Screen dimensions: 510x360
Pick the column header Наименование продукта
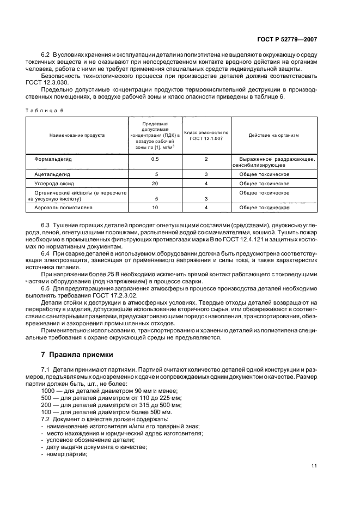tap(77, 135)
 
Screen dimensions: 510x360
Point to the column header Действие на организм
tap(273, 135)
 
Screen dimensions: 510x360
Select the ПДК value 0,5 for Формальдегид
tap(154, 159)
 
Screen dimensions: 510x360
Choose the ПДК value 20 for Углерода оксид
tap(154, 183)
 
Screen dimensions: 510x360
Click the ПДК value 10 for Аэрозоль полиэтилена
tap(154, 208)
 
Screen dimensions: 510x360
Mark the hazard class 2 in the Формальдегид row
tap(206, 159)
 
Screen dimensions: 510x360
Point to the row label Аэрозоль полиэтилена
tap(63, 208)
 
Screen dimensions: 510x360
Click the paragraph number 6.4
tap(46, 254)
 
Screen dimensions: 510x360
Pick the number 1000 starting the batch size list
tap(48, 391)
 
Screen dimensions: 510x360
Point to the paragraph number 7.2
tap(46, 419)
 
